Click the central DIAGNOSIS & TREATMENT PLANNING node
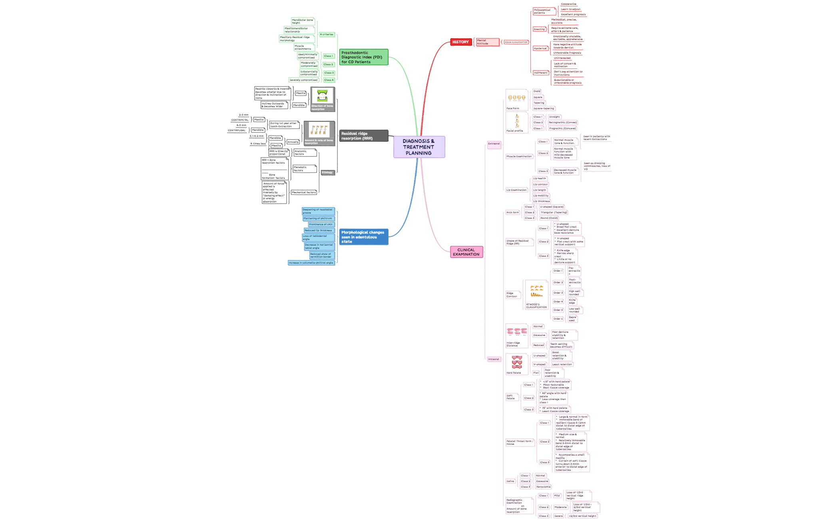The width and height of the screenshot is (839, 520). [419, 147]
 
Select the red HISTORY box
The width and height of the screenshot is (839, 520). [460, 42]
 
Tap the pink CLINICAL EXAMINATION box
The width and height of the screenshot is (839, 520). [466, 252]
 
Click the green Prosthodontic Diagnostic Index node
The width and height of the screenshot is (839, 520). [363, 57]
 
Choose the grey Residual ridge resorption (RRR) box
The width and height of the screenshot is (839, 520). [363, 136]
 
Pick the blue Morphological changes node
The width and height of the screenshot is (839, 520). [363, 237]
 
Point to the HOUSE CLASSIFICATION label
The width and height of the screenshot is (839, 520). [516, 42]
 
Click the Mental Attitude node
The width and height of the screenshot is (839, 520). [487, 42]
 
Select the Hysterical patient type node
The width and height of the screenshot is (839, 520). [540, 48]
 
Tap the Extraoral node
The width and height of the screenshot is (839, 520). [494, 144]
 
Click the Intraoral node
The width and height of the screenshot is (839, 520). [494, 359]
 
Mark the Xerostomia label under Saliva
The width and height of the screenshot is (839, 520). [543, 487]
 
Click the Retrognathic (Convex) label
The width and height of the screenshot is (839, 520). [562, 122]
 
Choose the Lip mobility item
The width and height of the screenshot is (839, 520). [540, 196]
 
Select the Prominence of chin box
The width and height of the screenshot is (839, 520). [321, 224]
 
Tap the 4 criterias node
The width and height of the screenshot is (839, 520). [327, 34]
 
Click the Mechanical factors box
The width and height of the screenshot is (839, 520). [304, 192]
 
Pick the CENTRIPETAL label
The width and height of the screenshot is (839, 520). [240, 120]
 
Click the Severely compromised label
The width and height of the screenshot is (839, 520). [303, 80]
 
